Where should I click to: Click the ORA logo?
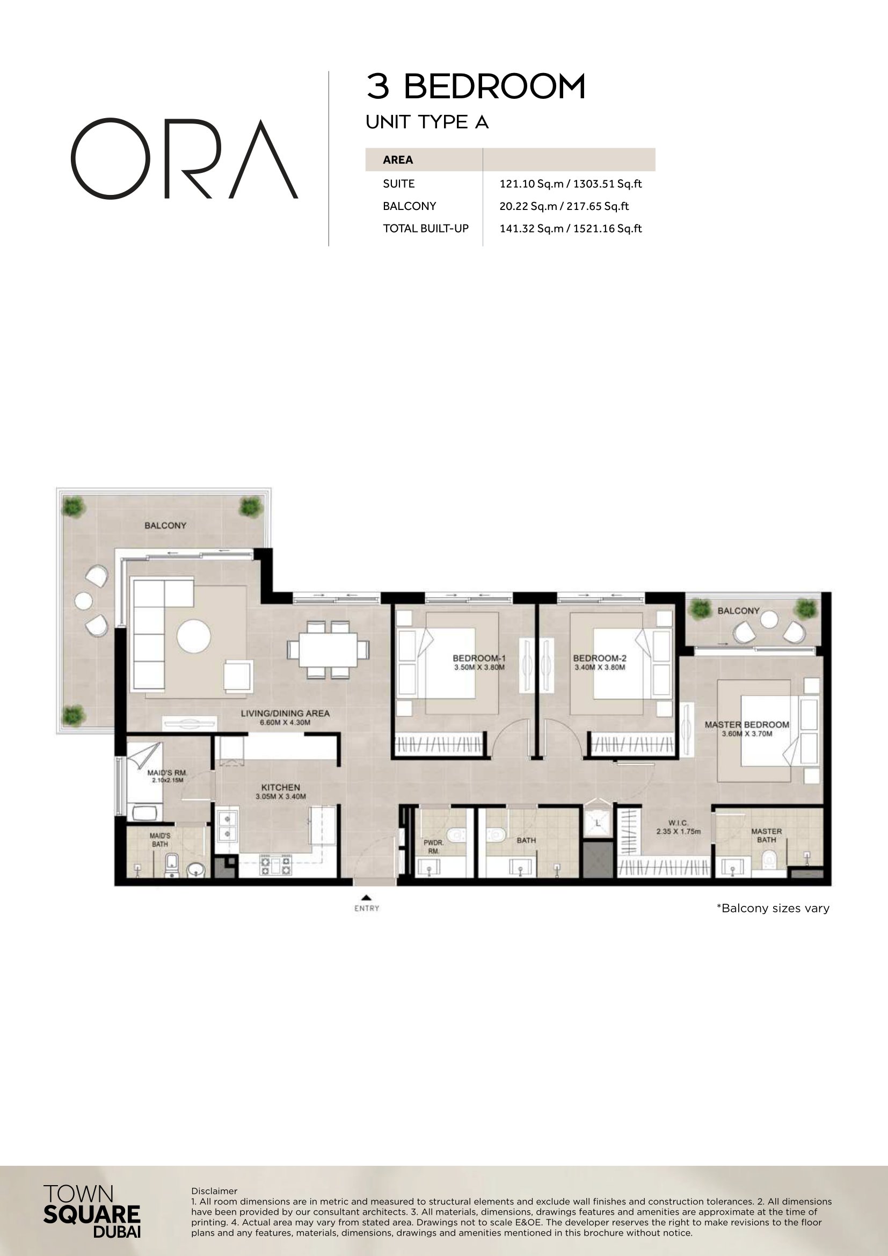click(x=184, y=158)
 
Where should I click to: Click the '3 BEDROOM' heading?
click(x=476, y=87)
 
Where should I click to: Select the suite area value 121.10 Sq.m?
click(x=531, y=184)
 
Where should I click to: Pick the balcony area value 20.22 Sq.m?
click(x=528, y=206)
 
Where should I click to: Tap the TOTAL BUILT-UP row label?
click(x=425, y=229)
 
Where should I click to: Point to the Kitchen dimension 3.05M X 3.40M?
click(x=280, y=796)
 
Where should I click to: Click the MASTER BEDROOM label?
click(x=746, y=725)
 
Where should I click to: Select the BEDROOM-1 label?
click(x=479, y=659)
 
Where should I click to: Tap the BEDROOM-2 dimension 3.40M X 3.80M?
click(x=599, y=667)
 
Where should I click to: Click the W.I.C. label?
click(x=678, y=823)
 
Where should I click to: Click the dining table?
click(x=328, y=649)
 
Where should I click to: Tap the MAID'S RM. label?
click(x=168, y=773)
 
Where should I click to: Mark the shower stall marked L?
click(x=598, y=823)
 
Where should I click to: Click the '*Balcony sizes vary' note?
click(x=773, y=909)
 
